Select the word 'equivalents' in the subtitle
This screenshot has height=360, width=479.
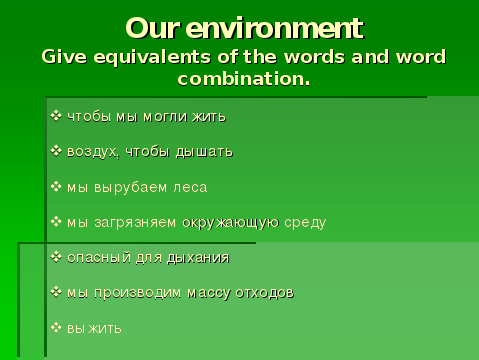152,57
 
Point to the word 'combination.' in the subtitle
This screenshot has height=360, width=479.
244,79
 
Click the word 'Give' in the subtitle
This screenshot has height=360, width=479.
64,57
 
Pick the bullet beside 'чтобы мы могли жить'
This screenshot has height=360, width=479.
56,116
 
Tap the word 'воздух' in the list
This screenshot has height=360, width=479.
92,152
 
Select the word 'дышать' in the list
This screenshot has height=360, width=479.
204,152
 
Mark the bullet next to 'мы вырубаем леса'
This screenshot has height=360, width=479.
56,186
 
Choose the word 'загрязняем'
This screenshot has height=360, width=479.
135,223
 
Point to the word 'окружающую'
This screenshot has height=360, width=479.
231,223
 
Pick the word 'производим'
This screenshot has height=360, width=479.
138,293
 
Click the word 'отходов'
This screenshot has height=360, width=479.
264,293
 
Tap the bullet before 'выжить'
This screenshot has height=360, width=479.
56,328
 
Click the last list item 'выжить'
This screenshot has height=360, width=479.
94,329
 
